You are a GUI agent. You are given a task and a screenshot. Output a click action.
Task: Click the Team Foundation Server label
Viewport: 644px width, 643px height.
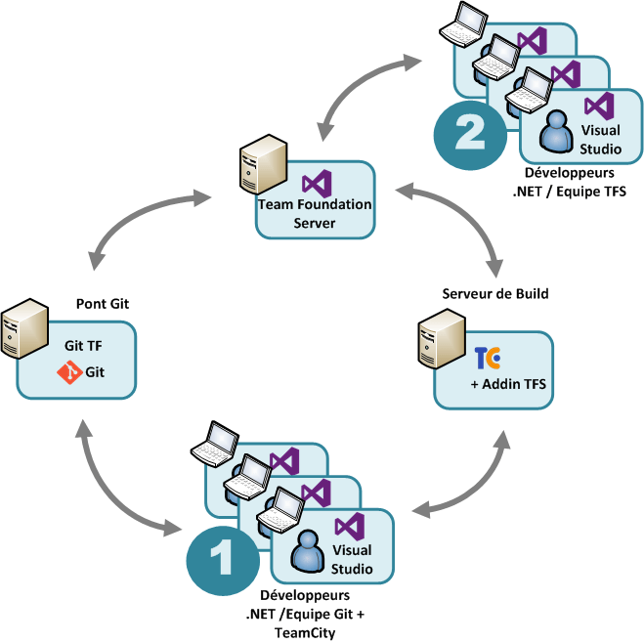pos(314,213)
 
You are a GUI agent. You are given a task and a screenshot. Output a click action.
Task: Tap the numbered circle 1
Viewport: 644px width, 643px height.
pos(223,559)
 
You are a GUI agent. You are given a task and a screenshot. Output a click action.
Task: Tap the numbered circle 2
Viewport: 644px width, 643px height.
pos(470,134)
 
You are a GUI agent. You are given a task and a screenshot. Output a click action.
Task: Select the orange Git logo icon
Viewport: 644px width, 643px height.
pos(69,372)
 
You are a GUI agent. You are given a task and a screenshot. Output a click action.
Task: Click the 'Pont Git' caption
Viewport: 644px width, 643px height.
pos(102,304)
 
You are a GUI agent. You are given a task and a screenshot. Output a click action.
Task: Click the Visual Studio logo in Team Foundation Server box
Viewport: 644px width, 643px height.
pos(315,183)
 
